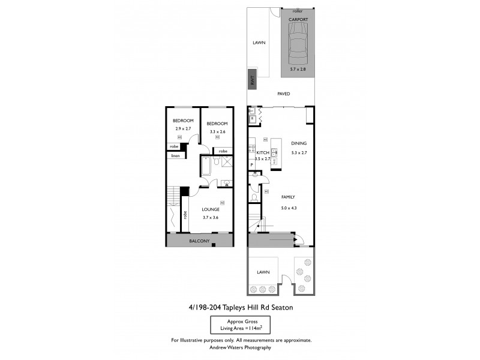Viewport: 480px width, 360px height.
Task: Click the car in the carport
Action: [298, 47]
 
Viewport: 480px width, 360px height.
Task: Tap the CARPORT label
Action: [298, 20]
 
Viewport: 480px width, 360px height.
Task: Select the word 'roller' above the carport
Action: [298, 11]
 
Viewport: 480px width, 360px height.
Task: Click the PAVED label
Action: [284, 94]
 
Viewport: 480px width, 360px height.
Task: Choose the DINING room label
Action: [298, 143]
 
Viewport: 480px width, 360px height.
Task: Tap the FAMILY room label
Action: [288, 197]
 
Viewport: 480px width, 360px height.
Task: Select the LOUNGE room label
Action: [210, 209]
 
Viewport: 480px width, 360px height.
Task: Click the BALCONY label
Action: [200, 241]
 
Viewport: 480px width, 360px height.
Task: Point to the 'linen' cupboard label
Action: [175, 156]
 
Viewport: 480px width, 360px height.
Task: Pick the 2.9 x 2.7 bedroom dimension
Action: [183, 129]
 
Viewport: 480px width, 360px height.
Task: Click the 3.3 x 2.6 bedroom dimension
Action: [218, 131]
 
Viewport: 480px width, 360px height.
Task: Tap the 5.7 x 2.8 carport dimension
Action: [298, 70]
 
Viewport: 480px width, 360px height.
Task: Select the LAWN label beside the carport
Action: [259, 43]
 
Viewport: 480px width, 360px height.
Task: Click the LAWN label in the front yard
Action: [263, 272]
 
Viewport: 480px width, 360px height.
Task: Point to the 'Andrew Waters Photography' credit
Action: [241, 347]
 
